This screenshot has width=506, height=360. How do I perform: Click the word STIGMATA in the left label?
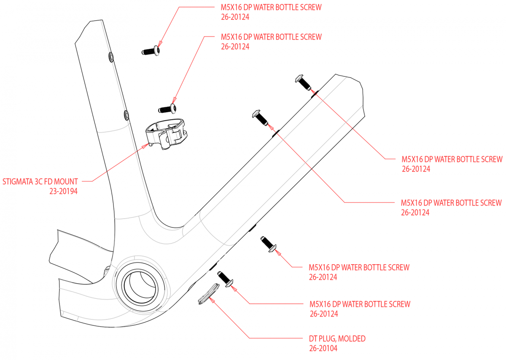(18, 181)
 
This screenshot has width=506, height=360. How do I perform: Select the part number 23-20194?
(64, 191)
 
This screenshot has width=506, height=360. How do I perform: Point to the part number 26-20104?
(323, 348)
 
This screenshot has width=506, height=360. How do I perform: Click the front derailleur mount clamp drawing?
(166, 134)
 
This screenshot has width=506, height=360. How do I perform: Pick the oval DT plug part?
(208, 293)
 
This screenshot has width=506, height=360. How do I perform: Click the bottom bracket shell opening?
(140, 287)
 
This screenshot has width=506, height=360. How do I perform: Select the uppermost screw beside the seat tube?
(151, 51)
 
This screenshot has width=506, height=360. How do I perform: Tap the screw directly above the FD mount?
(167, 109)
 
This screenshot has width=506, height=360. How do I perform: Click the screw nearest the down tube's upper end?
(303, 82)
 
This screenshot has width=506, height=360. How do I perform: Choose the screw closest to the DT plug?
(225, 279)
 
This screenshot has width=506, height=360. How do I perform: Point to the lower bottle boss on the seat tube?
(126, 115)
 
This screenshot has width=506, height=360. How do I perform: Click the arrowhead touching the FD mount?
(145, 146)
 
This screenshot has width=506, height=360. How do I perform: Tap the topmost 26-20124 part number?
(235, 17)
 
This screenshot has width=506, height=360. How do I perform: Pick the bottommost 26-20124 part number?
(324, 314)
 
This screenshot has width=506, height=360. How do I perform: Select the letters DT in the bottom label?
(313, 338)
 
